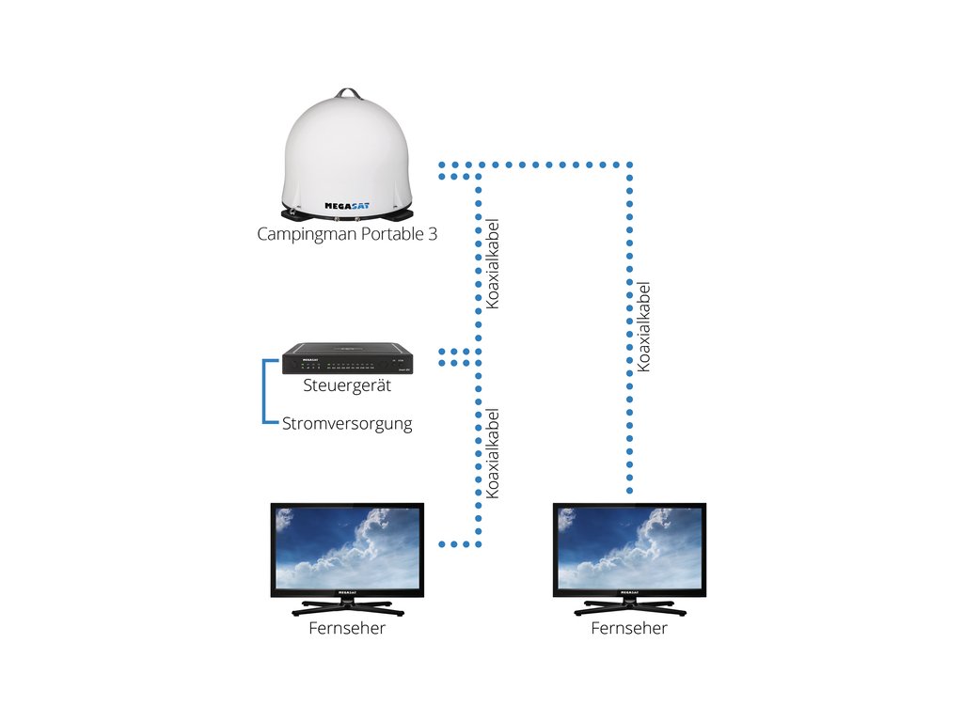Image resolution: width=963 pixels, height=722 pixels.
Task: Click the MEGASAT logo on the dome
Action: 347,206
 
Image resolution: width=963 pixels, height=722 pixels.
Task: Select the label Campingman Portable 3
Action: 347,234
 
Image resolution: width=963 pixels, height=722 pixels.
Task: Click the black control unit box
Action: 348,358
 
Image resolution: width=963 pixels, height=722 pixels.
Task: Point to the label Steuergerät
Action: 347,385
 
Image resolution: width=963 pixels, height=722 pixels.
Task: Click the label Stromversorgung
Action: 347,424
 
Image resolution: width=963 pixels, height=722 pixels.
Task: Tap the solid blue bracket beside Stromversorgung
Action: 264,391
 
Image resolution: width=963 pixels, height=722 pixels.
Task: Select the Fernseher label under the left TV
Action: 347,628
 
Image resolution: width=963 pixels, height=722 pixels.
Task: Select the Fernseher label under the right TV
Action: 629,628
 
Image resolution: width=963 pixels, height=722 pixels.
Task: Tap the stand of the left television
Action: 348,607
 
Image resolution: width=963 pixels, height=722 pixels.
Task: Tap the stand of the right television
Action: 630,607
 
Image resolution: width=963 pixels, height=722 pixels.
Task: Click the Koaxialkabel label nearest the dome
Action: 492,264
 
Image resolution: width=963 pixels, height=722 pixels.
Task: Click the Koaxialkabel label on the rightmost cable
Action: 643,326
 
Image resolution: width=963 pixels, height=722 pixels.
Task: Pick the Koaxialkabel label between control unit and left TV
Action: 492,453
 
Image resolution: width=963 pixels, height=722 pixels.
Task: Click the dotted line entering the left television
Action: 460,544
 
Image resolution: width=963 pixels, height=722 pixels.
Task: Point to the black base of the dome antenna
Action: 348,214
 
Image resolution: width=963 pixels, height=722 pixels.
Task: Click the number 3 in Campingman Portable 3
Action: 433,233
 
